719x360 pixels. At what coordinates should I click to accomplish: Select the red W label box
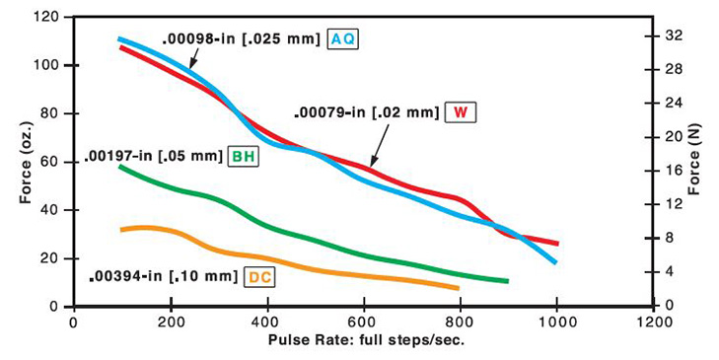[x=460, y=111]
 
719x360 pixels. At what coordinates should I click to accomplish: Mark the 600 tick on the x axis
[x=363, y=322]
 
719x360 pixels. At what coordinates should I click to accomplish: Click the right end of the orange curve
[x=459, y=288]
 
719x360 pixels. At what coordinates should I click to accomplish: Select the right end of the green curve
[x=507, y=281]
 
